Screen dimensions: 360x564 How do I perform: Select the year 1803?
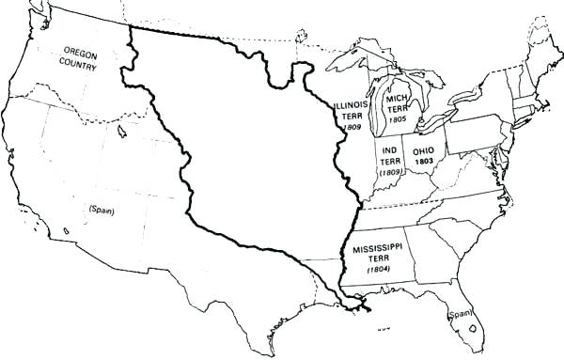423,162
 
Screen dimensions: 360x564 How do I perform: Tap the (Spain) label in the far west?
101,209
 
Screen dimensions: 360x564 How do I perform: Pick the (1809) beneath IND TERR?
389,173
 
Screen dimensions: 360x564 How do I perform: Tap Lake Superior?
357,58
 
